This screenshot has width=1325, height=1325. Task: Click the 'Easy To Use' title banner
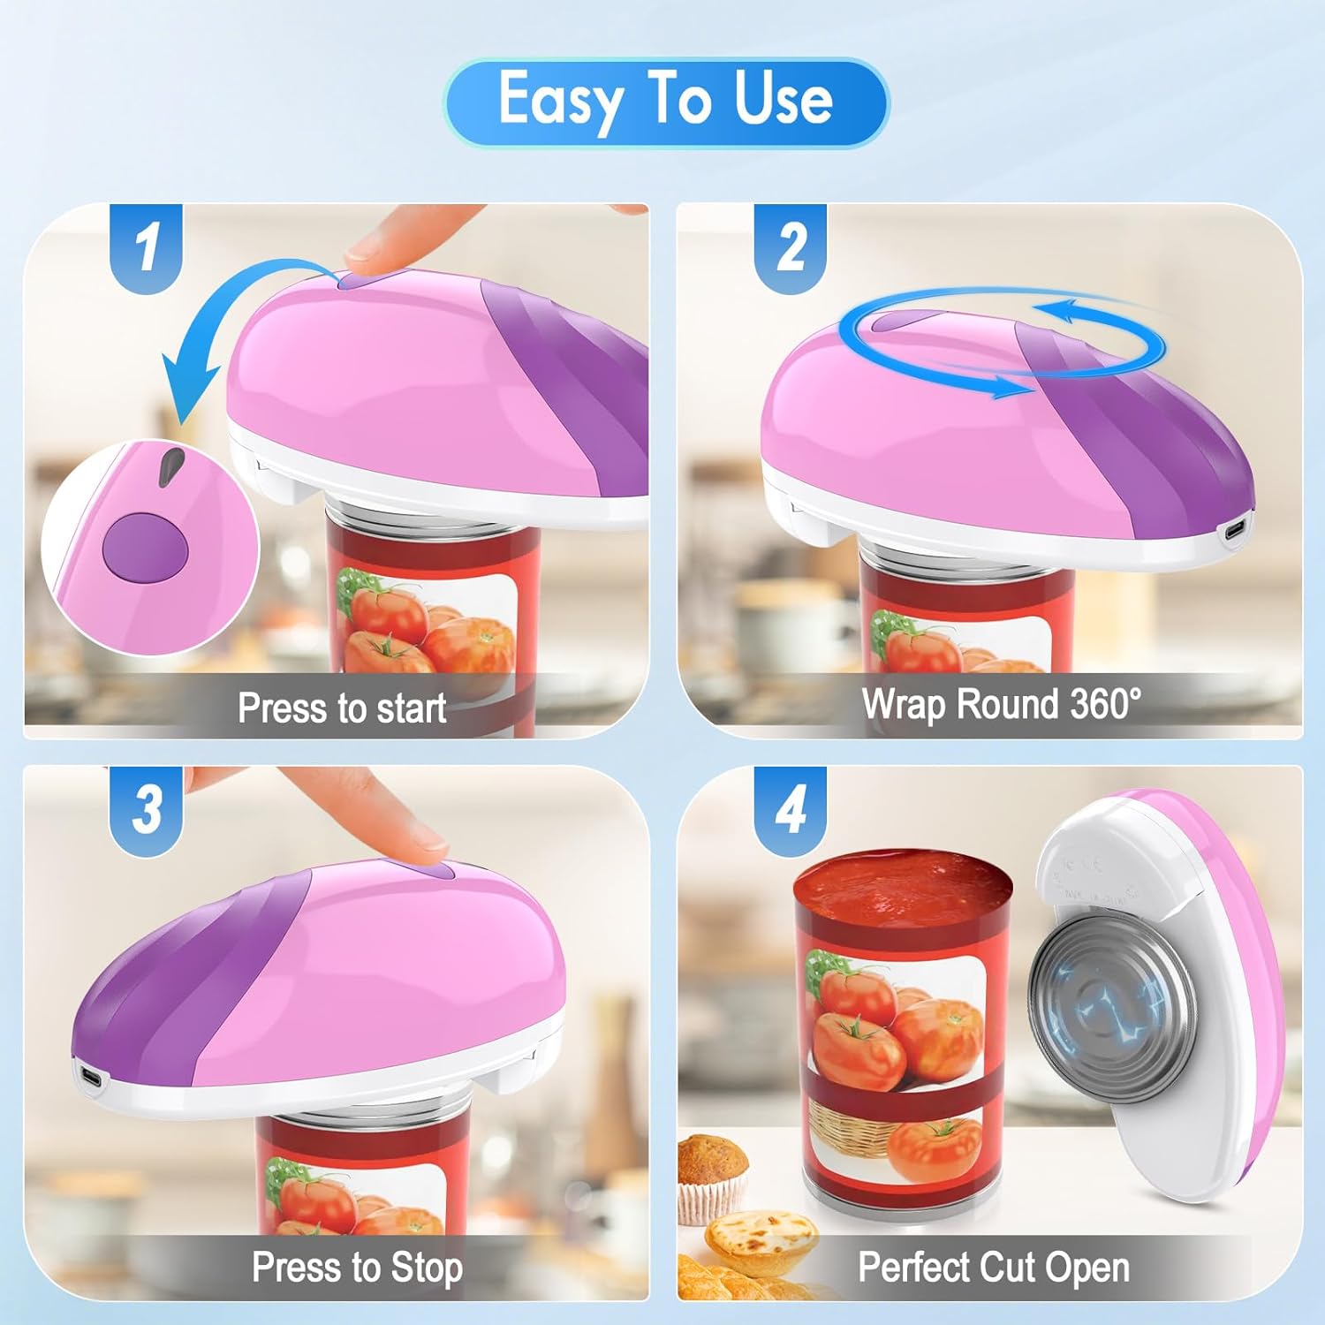[x=666, y=102]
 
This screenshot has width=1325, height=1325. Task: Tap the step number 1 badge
[x=146, y=247]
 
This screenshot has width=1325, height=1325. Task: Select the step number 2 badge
[x=791, y=247]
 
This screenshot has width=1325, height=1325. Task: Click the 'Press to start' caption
[x=342, y=708]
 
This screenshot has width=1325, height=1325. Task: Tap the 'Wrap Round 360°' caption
[x=1002, y=704]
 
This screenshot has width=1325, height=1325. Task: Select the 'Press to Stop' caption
[x=357, y=1268]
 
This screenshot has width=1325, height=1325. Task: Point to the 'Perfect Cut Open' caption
[x=994, y=1268]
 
